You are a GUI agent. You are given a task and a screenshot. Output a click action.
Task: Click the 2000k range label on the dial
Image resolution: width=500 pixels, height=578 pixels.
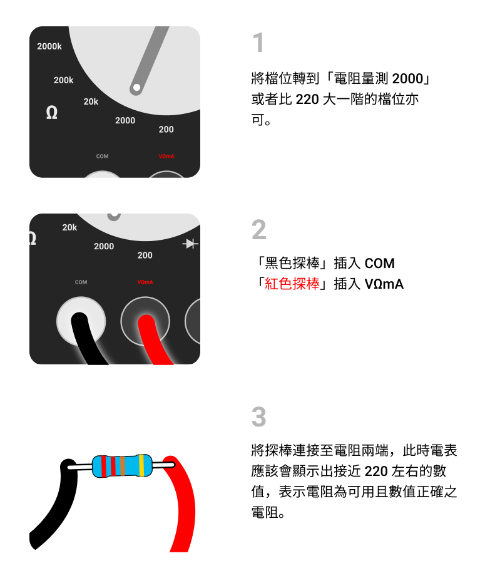(x=49, y=46)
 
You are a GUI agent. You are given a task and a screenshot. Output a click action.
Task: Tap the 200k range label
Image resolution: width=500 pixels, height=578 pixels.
(x=63, y=80)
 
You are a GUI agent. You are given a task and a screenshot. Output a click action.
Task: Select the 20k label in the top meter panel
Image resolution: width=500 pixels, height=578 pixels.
(x=91, y=101)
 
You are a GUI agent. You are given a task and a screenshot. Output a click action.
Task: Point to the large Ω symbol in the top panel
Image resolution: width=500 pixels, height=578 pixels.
(x=51, y=113)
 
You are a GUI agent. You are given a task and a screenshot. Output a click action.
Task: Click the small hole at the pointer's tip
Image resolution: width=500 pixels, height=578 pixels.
(x=136, y=88)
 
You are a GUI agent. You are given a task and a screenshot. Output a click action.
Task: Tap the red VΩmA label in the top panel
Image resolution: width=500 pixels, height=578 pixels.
(x=166, y=157)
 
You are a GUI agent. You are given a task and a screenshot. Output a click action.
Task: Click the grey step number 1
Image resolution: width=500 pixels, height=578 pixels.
(x=258, y=42)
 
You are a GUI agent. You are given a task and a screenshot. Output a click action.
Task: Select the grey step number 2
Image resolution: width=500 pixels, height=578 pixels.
(x=258, y=229)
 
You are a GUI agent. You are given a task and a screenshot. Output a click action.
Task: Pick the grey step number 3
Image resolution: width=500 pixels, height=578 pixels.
(x=258, y=416)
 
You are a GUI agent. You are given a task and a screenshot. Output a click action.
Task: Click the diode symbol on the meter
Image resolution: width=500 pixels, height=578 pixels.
(x=190, y=244)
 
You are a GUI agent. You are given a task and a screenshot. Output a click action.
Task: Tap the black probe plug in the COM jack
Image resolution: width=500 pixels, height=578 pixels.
(x=86, y=338)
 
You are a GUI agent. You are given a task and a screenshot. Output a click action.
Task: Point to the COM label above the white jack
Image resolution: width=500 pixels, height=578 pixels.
(x=81, y=282)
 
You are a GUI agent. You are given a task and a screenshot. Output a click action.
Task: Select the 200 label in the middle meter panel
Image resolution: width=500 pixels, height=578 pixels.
(x=145, y=255)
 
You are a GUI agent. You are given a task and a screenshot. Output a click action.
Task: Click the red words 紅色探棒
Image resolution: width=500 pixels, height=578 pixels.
(x=292, y=284)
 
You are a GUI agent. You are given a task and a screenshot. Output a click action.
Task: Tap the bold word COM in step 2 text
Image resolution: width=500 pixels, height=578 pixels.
(x=379, y=263)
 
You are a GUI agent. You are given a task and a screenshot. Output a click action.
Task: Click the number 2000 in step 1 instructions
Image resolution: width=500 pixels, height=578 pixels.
(x=407, y=78)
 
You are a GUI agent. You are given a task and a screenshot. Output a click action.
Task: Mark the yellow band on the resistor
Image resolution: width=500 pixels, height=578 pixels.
(x=141, y=465)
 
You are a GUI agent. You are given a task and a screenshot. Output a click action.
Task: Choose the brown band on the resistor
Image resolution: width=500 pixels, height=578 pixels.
(x=123, y=465)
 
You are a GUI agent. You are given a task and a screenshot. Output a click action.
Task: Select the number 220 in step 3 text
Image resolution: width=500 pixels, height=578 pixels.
(x=376, y=471)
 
